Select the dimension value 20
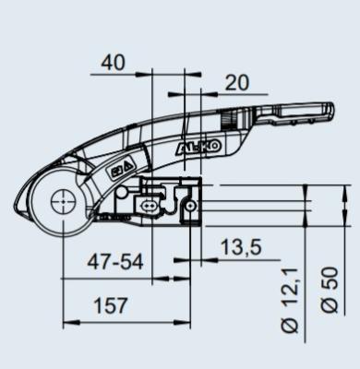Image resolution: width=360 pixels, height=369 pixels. (x=236, y=82)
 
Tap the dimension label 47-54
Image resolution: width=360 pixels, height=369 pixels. (x=116, y=261)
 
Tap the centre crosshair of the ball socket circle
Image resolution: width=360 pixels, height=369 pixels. (x=63, y=198)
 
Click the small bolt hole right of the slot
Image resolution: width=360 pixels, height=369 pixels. (x=191, y=208)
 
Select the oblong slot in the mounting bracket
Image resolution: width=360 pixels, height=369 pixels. (x=149, y=205)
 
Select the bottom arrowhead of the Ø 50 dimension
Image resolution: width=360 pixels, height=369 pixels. (x=330, y=224)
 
